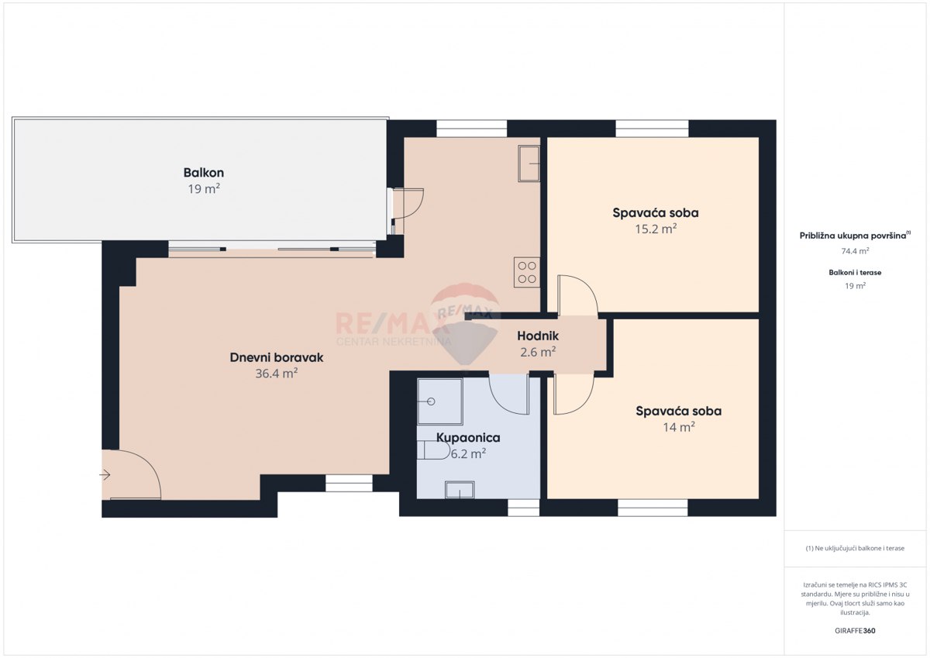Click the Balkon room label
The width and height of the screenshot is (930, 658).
point(204,173)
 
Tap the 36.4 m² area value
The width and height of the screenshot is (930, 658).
point(277,374)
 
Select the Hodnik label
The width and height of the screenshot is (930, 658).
point(539,336)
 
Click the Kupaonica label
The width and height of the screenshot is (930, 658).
point(468,438)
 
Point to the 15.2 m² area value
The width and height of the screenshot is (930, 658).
point(656,229)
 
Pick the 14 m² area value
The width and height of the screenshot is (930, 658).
point(678,427)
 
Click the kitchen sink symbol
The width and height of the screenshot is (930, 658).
point(529,163)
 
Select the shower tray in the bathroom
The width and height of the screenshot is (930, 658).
point(439,401)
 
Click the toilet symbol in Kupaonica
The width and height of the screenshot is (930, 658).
point(428,450)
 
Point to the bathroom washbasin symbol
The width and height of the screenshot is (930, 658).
point(459,489)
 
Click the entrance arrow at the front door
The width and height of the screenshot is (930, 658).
point(106,475)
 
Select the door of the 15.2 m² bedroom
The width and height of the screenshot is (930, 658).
point(577,295)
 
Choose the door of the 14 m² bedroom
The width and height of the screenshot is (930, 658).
point(573,393)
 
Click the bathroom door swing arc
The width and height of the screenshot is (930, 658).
point(508,393)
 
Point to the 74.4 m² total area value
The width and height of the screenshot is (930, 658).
point(855,251)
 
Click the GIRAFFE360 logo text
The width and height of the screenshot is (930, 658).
point(855,631)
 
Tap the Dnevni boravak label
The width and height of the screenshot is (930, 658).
point(277,358)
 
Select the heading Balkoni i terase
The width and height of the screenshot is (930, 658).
point(855,273)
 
